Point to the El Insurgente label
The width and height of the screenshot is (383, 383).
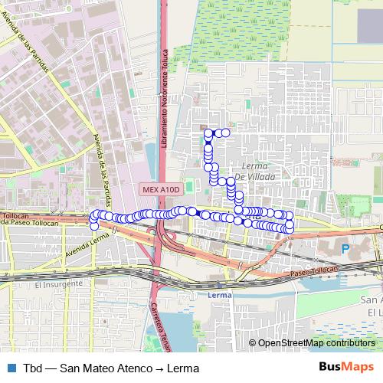(57, 283)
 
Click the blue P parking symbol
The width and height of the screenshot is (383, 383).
(345, 249)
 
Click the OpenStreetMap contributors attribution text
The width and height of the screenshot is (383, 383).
(316, 343)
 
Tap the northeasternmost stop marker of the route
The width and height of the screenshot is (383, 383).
(226, 133)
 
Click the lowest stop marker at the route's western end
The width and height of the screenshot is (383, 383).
(94, 226)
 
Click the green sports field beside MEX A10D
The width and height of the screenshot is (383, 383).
(189, 182)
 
